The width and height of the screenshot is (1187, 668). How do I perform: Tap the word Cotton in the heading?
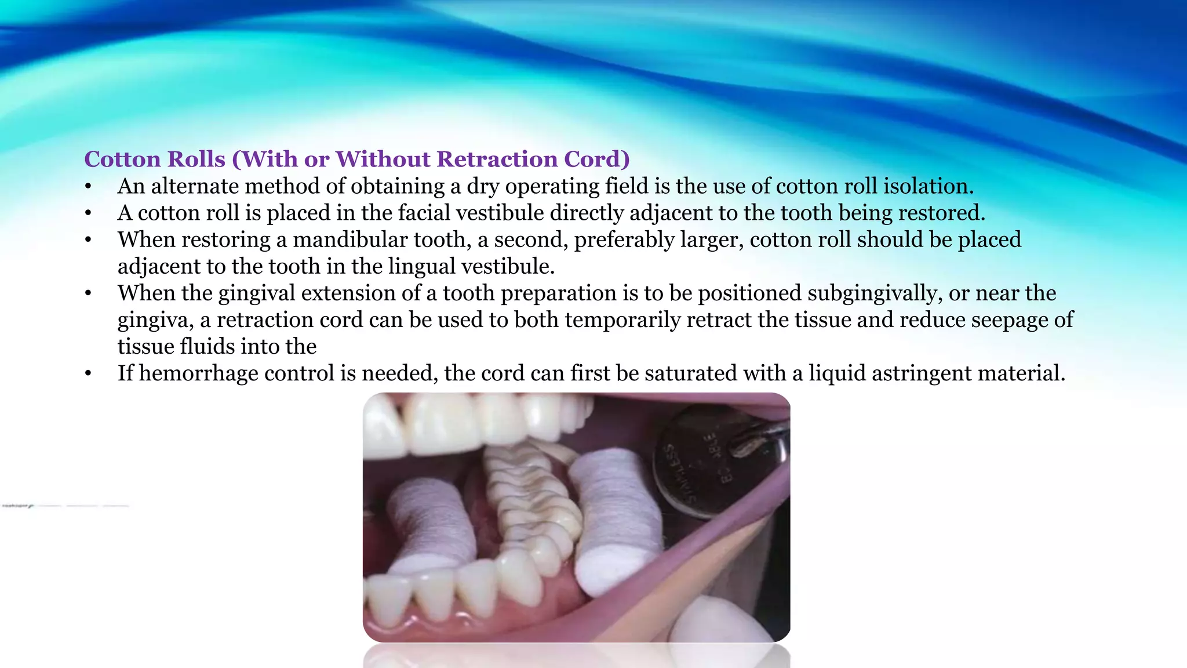click(125, 159)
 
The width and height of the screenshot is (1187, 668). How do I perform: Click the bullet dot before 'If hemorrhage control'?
click(88, 374)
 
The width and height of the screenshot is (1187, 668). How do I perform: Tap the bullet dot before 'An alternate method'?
click(88, 187)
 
